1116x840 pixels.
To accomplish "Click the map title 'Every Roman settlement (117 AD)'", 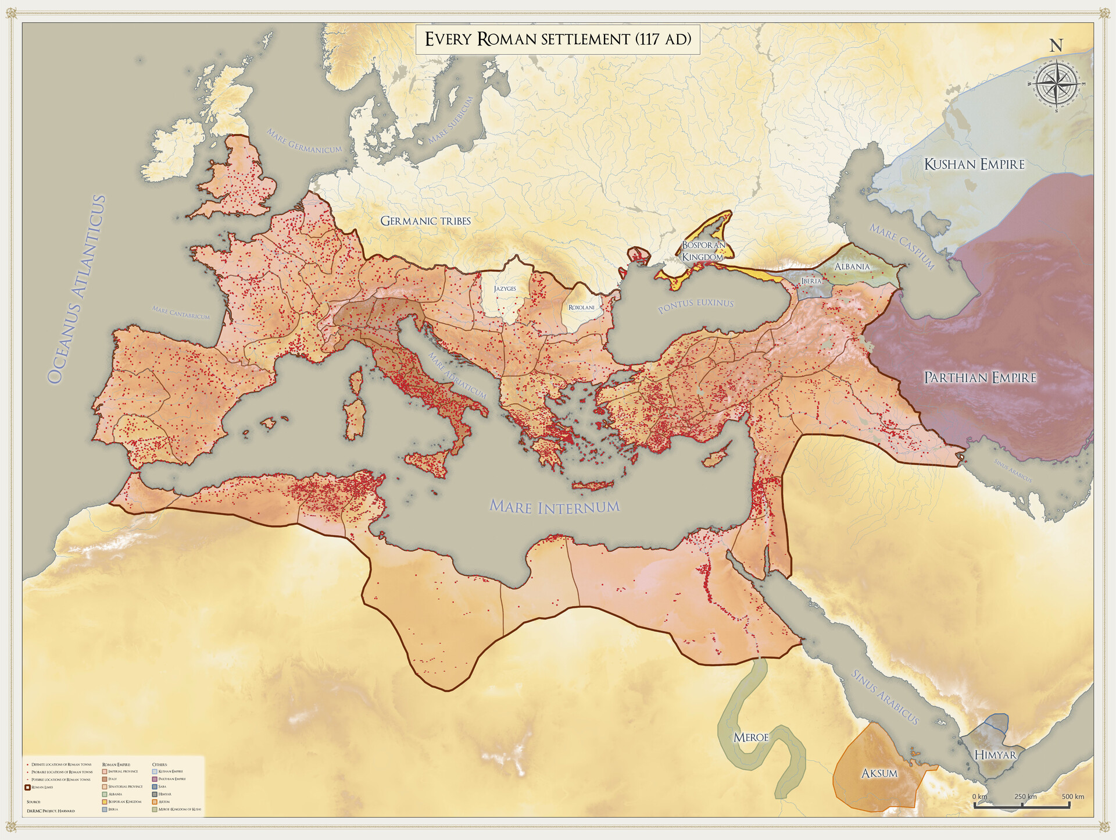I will [x=557, y=39].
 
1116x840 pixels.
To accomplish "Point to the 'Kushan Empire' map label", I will [x=974, y=164].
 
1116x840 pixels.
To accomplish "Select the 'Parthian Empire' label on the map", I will [x=980, y=378].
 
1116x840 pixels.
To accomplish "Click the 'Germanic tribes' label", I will [x=425, y=221].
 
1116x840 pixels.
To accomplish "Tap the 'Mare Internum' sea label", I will [x=555, y=507].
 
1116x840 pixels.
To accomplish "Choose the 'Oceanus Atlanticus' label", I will [x=76, y=289].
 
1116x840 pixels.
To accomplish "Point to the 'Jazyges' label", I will [x=505, y=289].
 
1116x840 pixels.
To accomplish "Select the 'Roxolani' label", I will [x=581, y=307].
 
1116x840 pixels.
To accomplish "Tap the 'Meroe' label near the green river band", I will [x=750, y=738].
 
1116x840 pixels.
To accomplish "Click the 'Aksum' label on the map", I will [x=879, y=773].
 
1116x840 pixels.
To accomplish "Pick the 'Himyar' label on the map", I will [x=995, y=755].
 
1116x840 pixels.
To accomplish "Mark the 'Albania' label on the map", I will [x=852, y=266].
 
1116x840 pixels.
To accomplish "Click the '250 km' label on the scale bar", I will [x=1025, y=796].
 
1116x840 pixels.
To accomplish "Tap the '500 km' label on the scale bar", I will [x=1072, y=796].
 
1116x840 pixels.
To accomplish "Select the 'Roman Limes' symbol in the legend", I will [x=27, y=788].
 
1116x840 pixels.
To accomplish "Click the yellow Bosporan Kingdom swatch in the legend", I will [x=105, y=802].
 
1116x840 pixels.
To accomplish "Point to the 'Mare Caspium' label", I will [x=902, y=247].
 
